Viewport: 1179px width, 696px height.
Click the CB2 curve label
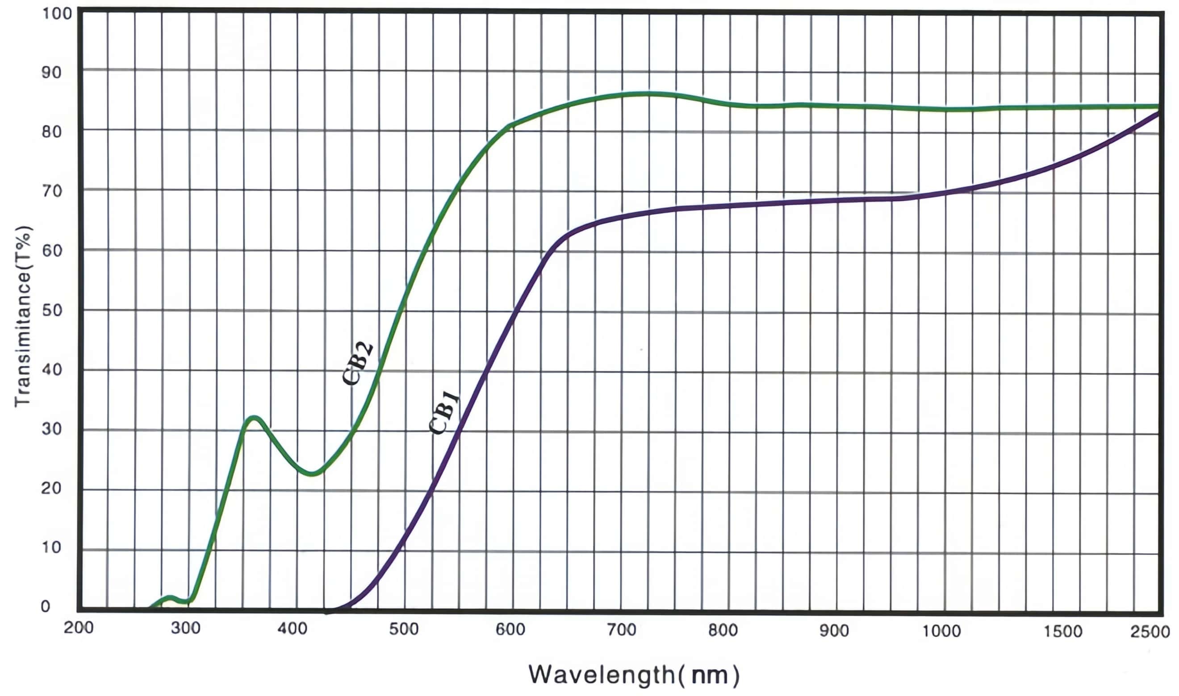[358, 363]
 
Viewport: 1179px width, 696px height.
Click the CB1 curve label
[444, 413]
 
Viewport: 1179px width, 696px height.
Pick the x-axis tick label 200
[79, 628]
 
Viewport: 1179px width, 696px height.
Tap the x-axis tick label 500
[404, 629]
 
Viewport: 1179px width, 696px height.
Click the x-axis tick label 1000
[941, 631]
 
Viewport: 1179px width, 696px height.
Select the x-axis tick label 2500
[1150, 632]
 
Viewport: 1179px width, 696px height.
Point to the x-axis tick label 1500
[1062, 631]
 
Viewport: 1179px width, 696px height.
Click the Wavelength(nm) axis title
[634, 675]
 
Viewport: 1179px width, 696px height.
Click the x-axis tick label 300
[185, 628]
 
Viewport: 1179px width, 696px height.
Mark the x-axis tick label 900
[834, 630]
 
